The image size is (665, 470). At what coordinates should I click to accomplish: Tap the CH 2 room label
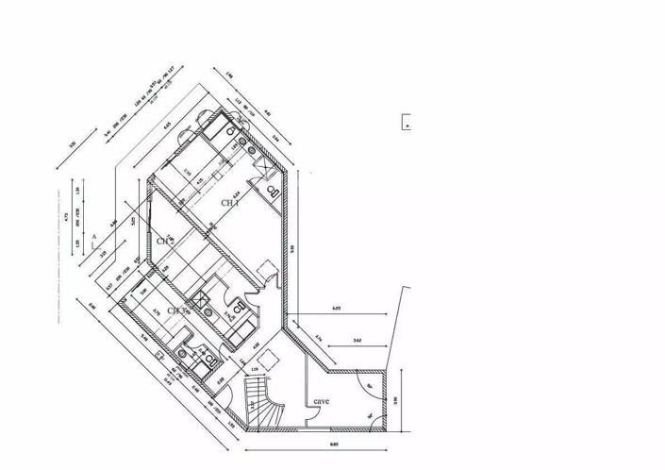click(166, 242)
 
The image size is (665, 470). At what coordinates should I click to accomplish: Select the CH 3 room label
click(178, 311)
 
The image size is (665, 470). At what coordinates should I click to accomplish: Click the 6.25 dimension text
click(337, 309)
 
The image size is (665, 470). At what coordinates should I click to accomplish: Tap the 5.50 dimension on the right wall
click(293, 248)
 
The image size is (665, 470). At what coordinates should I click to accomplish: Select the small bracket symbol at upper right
click(407, 122)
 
